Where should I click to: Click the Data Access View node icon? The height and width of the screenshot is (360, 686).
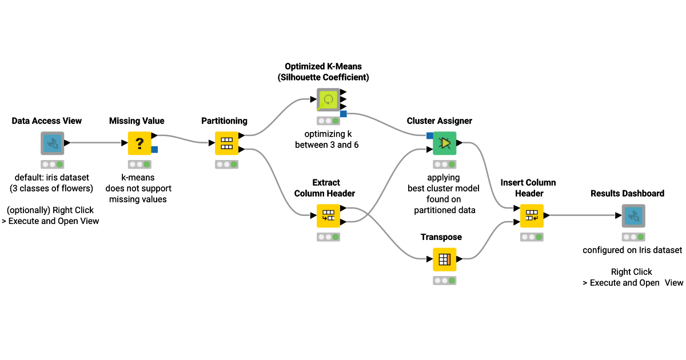(52, 143)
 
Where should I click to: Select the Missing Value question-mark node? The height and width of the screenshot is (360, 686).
(139, 143)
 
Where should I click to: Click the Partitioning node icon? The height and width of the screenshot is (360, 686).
(226, 143)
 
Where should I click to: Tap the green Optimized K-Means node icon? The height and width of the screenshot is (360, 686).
(329, 99)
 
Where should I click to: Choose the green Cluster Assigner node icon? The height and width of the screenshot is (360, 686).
(445, 143)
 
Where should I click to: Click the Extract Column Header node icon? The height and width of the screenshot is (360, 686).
(328, 216)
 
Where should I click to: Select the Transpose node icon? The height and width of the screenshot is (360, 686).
(444, 259)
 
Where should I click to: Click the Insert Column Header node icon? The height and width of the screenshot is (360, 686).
(531, 216)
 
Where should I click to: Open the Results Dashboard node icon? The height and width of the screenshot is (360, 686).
(633, 216)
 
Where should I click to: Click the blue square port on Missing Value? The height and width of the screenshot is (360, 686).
(154, 150)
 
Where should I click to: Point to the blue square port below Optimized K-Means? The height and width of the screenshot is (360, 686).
(344, 114)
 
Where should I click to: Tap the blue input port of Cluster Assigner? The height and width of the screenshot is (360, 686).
(429, 135)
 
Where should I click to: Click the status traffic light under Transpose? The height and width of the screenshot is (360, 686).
(445, 281)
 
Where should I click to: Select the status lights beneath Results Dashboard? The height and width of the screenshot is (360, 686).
(633, 237)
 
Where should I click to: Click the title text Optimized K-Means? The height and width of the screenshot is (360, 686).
(323, 66)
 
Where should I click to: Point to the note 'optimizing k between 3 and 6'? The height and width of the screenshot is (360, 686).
(328, 139)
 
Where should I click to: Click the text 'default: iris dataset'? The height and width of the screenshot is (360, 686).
(52, 178)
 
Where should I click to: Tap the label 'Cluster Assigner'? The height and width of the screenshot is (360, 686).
(440, 121)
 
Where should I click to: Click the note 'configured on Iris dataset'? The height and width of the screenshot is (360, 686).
(632, 250)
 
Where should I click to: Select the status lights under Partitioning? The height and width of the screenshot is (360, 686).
(226, 164)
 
